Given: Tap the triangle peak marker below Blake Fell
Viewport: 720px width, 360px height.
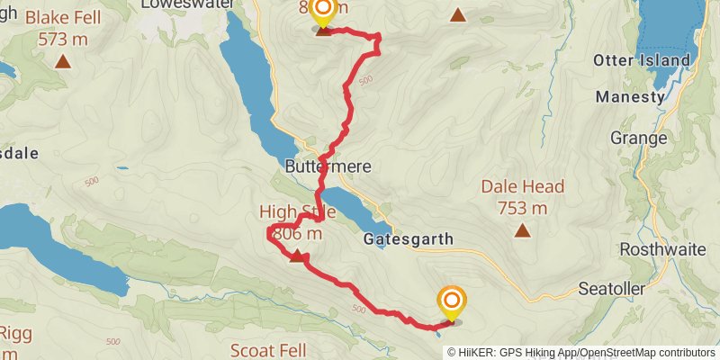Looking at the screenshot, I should coord(63,62).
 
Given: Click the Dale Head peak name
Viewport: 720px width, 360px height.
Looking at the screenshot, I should coord(522,187).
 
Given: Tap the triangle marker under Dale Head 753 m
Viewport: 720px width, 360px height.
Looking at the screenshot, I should coord(522,230).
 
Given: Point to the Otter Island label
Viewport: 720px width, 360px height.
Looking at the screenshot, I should coord(642,60).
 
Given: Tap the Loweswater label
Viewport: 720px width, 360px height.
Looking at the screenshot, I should coord(187,4).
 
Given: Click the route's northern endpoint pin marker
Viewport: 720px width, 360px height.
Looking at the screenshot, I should coord(322,13).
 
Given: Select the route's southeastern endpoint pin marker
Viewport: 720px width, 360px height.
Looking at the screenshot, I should coord(451,302).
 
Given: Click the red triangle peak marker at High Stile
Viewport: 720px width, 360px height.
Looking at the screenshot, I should coord(296,257).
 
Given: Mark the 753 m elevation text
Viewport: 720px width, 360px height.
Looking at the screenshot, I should coord(522,209).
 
